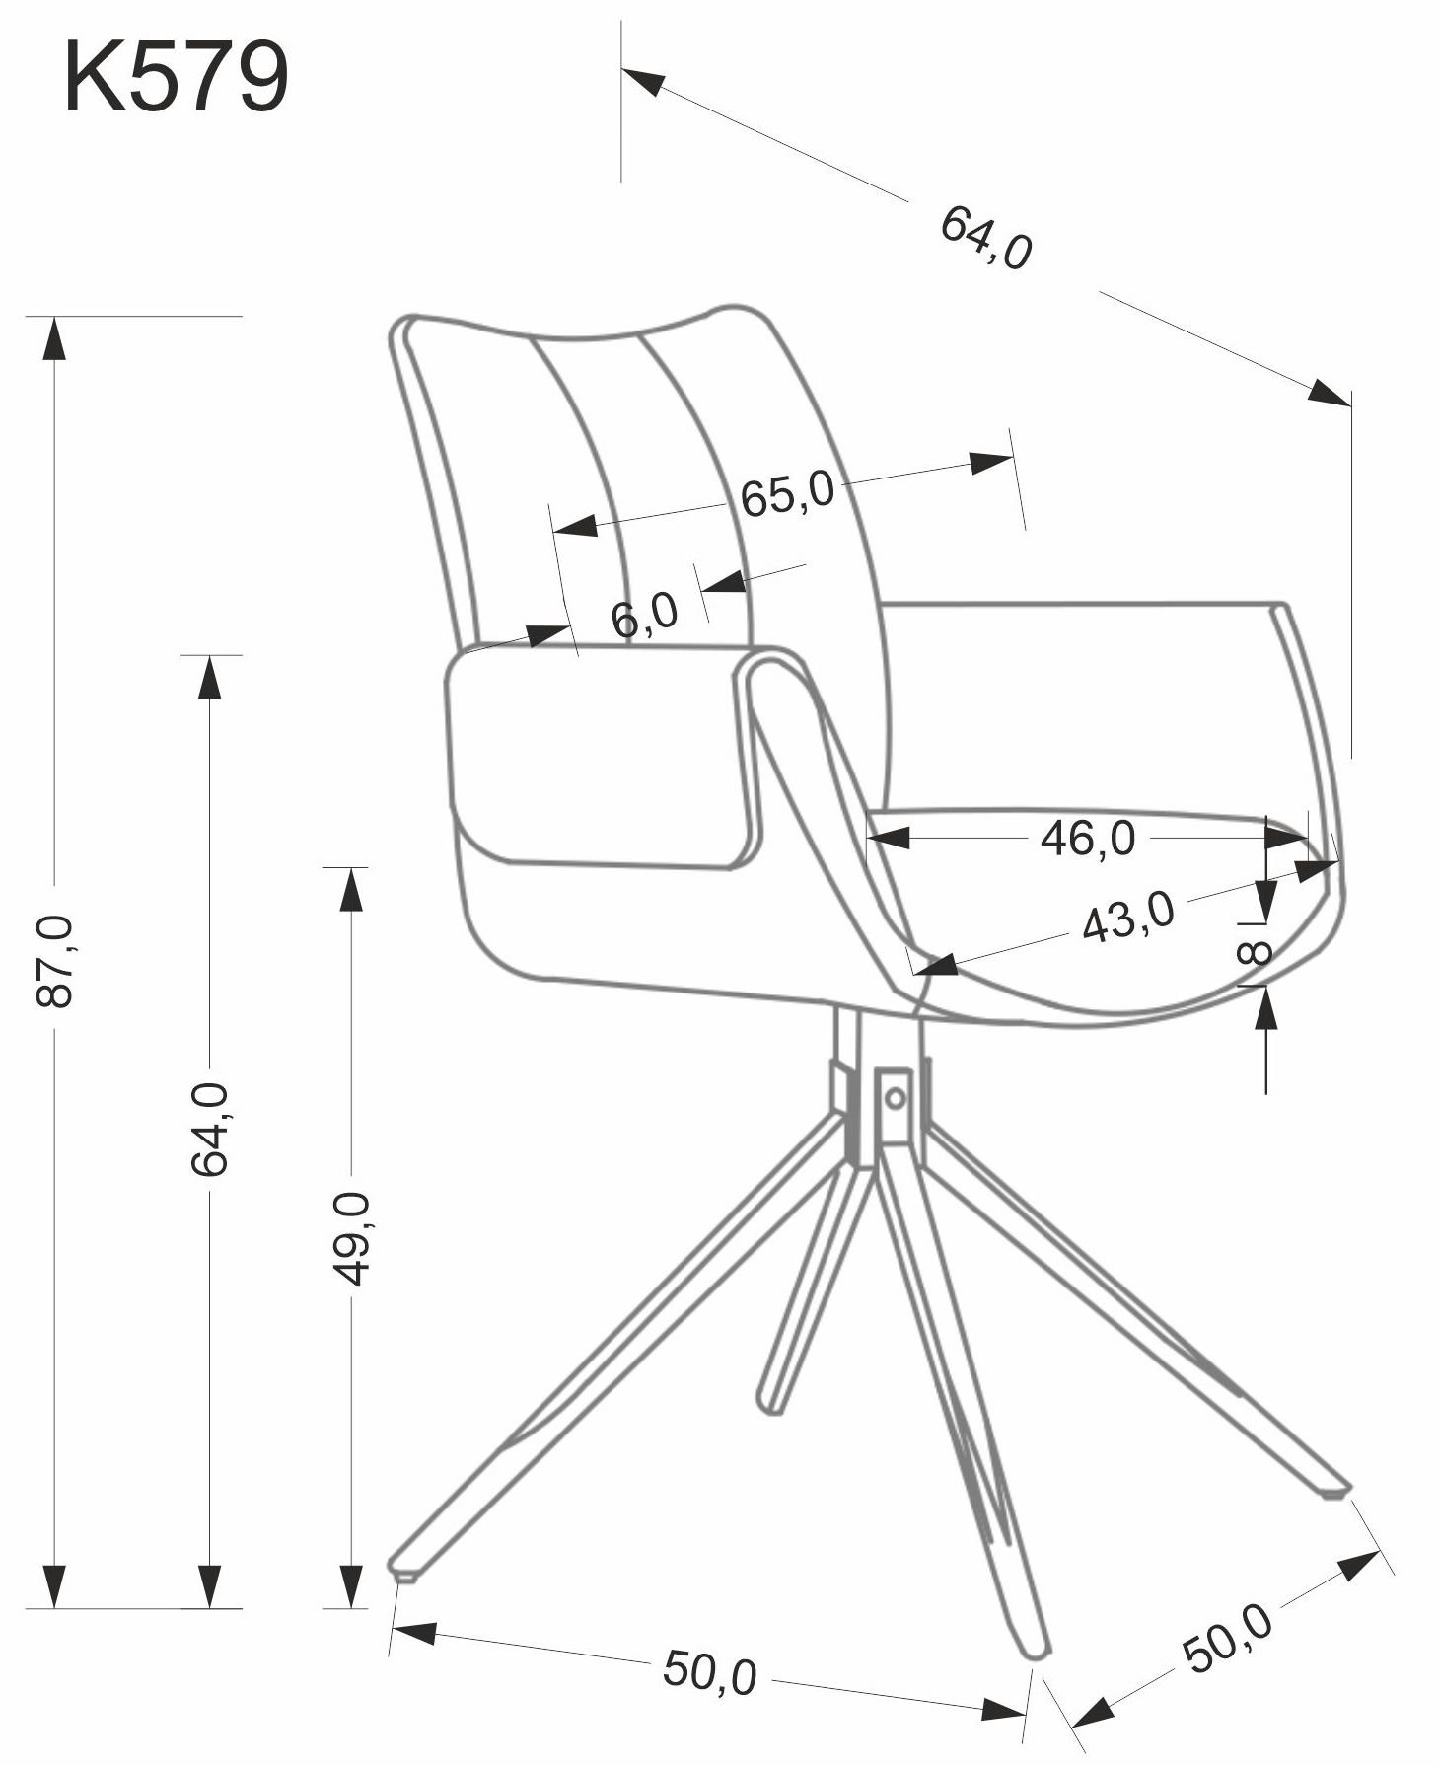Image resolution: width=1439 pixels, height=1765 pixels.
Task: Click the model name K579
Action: [176, 78]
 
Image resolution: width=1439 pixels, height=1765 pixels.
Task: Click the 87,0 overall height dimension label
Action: [54, 960]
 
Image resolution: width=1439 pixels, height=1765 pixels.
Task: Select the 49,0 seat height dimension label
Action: [351, 1237]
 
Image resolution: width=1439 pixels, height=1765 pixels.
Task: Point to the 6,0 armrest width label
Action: [644, 616]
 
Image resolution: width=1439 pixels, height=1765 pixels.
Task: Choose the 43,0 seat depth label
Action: [1128, 917]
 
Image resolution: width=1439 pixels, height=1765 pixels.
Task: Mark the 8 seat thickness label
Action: [1254, 953]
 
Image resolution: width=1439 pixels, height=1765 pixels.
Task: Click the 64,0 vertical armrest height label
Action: [209, 1128]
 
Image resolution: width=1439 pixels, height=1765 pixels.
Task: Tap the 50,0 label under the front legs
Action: [709, 1670]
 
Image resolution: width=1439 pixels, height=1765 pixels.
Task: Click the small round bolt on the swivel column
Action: [895, 1096]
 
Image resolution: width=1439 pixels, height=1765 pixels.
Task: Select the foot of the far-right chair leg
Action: [1334, 1491]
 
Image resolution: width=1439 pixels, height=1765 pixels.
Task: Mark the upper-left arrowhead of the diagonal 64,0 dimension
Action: [643, 81]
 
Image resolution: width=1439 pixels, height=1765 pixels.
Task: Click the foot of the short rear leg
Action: [769, 1403]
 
